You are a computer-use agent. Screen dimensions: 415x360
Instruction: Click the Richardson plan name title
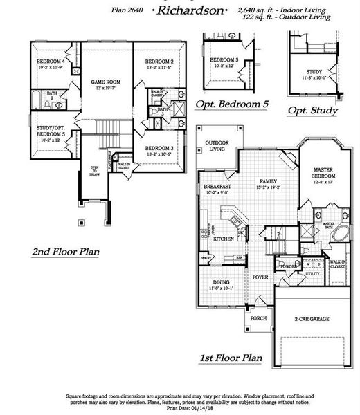190,12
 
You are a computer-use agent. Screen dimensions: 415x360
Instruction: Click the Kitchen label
224,238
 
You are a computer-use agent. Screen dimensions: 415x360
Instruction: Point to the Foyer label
260,277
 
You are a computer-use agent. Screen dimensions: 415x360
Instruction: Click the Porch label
258,318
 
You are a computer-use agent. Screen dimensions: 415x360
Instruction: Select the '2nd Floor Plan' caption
66,252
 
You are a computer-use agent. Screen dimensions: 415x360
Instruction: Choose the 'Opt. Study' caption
312,111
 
